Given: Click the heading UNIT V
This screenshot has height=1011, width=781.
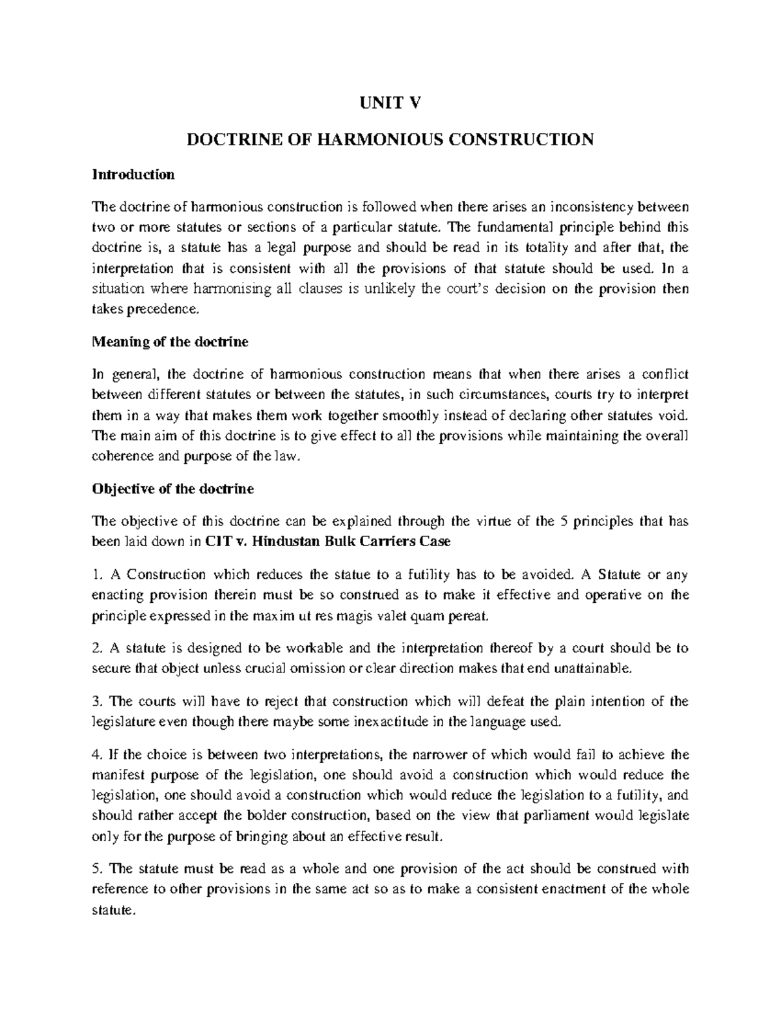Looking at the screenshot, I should [x=390, y=102].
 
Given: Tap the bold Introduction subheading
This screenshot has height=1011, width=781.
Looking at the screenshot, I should [x=133, y=174].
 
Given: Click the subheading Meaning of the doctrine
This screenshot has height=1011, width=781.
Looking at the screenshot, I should [x=170, y=342].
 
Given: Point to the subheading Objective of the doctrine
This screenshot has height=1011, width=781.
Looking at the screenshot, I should [x=172, y=489].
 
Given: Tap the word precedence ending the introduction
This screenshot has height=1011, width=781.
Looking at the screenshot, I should [x=163, y=309].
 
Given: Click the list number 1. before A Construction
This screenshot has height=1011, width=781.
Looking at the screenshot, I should [x=98, y=575].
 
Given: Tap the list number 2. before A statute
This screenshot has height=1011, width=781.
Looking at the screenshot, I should [x=98, y=648].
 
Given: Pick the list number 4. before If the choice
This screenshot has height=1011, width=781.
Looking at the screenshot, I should [x=98, y=755].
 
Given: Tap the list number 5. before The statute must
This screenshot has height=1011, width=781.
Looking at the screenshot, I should [x=98, y=868].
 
